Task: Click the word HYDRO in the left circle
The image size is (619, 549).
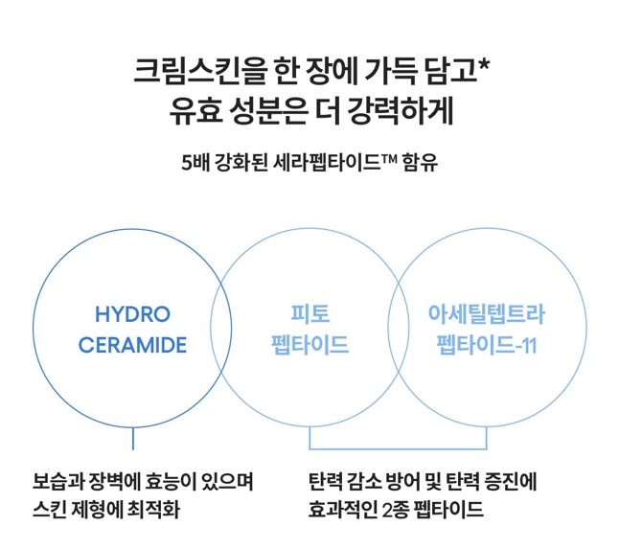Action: [x=133, y=314]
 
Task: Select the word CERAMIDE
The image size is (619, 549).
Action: [x=133, y=344]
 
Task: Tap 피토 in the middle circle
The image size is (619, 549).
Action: [x=309, y=314]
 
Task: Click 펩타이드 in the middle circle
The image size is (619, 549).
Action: [x=309, y=344]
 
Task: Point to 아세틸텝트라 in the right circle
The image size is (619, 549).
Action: [x=486, y=314]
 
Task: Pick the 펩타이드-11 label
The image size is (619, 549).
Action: [x=486, y=344]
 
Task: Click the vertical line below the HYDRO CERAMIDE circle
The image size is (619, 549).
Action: [x=133, y=439]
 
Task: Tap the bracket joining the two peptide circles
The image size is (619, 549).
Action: [x=398, y=448]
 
